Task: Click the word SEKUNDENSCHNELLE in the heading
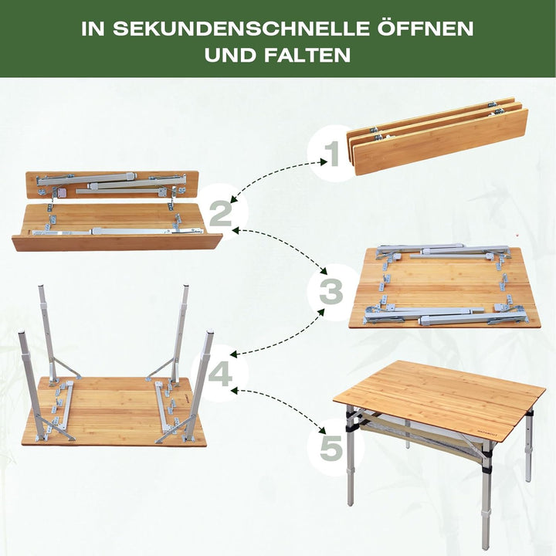256,29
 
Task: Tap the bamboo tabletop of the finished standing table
440,394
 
